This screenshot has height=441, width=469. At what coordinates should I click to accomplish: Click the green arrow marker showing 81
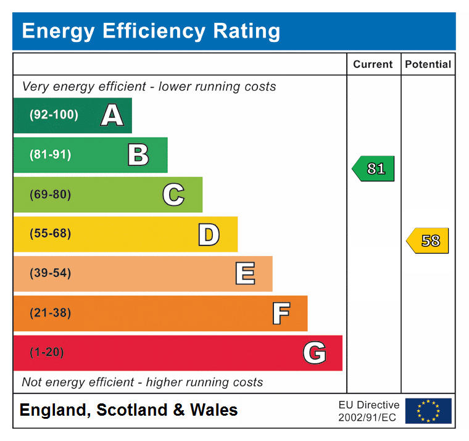373,168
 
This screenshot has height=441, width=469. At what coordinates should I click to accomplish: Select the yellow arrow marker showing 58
428,241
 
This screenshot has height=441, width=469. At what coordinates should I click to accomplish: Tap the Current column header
373,64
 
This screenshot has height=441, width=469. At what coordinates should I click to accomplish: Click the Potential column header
428,64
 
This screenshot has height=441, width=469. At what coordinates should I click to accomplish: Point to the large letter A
112,115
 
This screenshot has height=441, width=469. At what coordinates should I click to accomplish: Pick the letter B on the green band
138,155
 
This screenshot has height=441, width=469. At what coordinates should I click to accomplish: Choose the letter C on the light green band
173,194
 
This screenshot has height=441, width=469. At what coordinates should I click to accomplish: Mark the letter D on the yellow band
209,234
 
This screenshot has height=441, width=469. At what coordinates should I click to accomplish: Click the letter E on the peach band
245,273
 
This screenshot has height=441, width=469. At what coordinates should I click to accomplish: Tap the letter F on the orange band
281,313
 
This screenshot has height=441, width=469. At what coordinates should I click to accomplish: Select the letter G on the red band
314,353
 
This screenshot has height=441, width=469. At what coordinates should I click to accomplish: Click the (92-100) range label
54,115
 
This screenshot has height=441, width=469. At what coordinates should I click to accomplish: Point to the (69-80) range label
50,194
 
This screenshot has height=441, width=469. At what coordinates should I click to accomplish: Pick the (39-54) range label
50,273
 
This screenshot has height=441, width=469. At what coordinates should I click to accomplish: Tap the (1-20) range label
47,352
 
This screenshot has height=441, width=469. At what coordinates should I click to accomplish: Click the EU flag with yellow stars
428,411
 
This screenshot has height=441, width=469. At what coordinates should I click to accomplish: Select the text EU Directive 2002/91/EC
369,411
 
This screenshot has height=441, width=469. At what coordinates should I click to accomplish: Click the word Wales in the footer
214,410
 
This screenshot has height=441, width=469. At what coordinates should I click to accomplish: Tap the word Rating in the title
246,31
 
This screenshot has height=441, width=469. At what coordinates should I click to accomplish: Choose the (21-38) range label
50,313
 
